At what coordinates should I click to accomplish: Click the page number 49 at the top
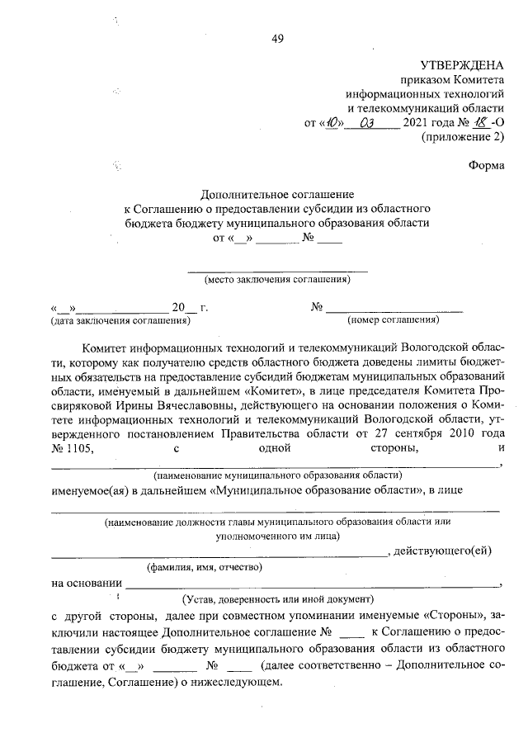[276, 40]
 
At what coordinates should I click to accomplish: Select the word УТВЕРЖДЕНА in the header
[461, 65]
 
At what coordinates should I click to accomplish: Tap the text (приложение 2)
[462, 137]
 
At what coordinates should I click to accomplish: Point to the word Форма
[485, 164]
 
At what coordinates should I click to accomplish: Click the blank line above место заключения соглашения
[278, 270]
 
